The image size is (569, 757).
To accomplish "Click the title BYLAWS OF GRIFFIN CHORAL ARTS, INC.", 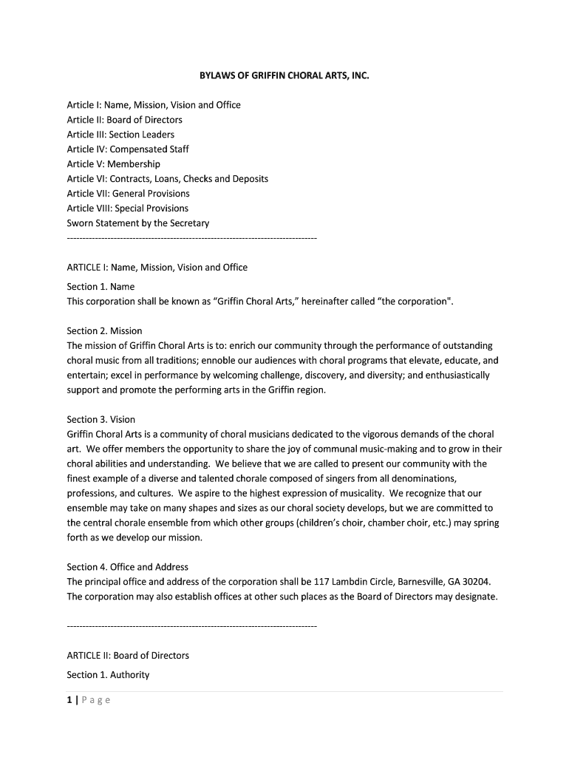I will coord(284,75).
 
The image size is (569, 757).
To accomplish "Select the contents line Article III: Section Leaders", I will coord(120,135).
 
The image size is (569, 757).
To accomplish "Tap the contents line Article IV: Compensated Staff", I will coord(128,149).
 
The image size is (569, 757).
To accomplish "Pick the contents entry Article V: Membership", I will coord(113,164).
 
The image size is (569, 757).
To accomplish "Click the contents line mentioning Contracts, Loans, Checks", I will coord(167,179).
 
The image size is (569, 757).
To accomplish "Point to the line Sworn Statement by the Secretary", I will coord(138,223).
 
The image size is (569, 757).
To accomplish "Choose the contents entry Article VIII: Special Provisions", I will coord(127,208).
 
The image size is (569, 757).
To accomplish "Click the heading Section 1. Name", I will coord(100,286).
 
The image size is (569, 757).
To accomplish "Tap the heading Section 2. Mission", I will coord(104,330).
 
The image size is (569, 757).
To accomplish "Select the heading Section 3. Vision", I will coord(101,419).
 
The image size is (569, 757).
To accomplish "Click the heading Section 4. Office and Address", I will coord(127,567).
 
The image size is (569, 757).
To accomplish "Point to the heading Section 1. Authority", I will coord(108,674).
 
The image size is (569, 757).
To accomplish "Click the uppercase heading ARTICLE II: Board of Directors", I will coord(128,655).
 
